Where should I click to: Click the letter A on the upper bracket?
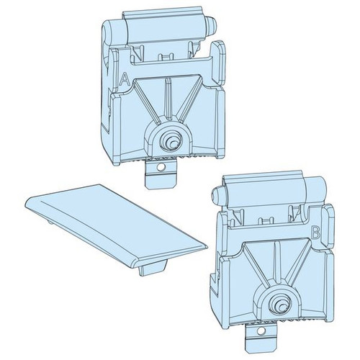(125, 80)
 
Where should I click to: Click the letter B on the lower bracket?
(316, 233)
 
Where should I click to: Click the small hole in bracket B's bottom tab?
(259, 331)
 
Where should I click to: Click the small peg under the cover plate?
(152, 269)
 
